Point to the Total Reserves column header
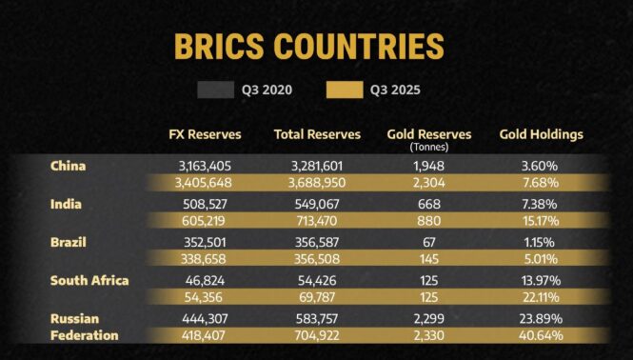pos(317,134)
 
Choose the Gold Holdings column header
pos(541,134)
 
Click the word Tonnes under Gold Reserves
pos(428,148)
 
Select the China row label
pos(69,166)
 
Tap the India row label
pos(66,204)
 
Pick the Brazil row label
pos(69,242)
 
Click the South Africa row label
pos(89,280)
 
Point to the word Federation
pos(85,335)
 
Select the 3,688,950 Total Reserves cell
pos(318,183)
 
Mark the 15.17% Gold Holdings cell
pos(540,221)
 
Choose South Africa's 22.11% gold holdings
pos(540,297)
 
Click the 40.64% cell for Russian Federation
pos(540,335)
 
